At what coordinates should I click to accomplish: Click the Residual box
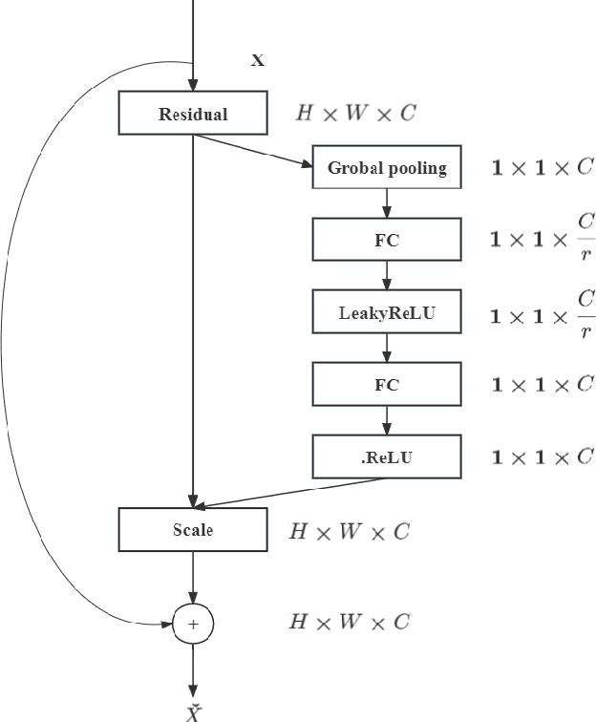192,114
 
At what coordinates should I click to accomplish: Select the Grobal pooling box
387,168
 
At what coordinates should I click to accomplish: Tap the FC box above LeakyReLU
387,240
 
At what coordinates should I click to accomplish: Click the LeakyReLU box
387,312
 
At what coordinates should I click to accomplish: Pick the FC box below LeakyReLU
387,385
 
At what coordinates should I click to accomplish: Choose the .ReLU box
387,457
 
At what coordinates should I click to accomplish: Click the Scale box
192,530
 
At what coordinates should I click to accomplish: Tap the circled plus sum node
193,625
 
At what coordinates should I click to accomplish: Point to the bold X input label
257,61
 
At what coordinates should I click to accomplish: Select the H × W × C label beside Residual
355,114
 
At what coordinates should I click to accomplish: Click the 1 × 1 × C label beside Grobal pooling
543,168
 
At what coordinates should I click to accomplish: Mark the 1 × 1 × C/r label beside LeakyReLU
543,314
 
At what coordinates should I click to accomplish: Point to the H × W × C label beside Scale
350,531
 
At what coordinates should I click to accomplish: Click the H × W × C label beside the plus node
350,623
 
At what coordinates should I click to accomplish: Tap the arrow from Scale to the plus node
193,578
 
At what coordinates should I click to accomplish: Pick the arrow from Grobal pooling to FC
387,202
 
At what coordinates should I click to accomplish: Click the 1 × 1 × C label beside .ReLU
543,457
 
